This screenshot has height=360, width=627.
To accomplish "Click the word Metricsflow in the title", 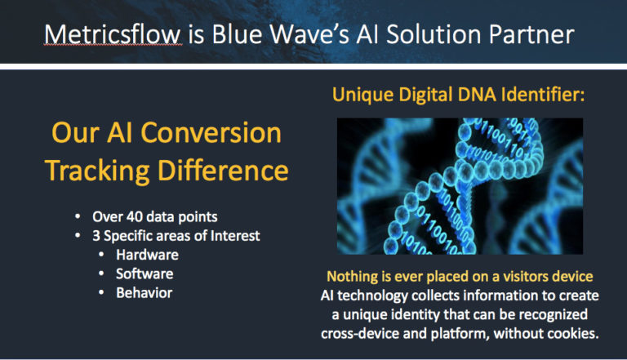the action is [x=113, y=34].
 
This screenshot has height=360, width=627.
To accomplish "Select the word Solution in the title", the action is [x=434, y=34].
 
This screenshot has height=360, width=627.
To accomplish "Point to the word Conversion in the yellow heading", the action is [x=211, y=133].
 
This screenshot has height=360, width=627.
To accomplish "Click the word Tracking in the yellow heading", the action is [x=98, y=171].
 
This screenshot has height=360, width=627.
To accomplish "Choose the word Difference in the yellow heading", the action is [x=223, y=171].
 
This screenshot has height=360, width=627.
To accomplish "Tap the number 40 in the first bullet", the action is [x=135, y=217].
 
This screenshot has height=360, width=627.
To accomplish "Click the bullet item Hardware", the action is [x=147, y=255].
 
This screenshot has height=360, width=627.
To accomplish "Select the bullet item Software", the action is [x=145, y=274].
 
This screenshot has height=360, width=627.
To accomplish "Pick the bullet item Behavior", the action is [x=144, y=293].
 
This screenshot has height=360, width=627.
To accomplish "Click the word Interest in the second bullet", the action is [x=235, y=236].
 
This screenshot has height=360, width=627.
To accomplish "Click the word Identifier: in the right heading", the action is [x=543, y=96].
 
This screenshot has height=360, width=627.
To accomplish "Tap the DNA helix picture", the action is [x=460, y=186].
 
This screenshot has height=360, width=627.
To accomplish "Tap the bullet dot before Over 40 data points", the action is [x=78, y=217].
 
